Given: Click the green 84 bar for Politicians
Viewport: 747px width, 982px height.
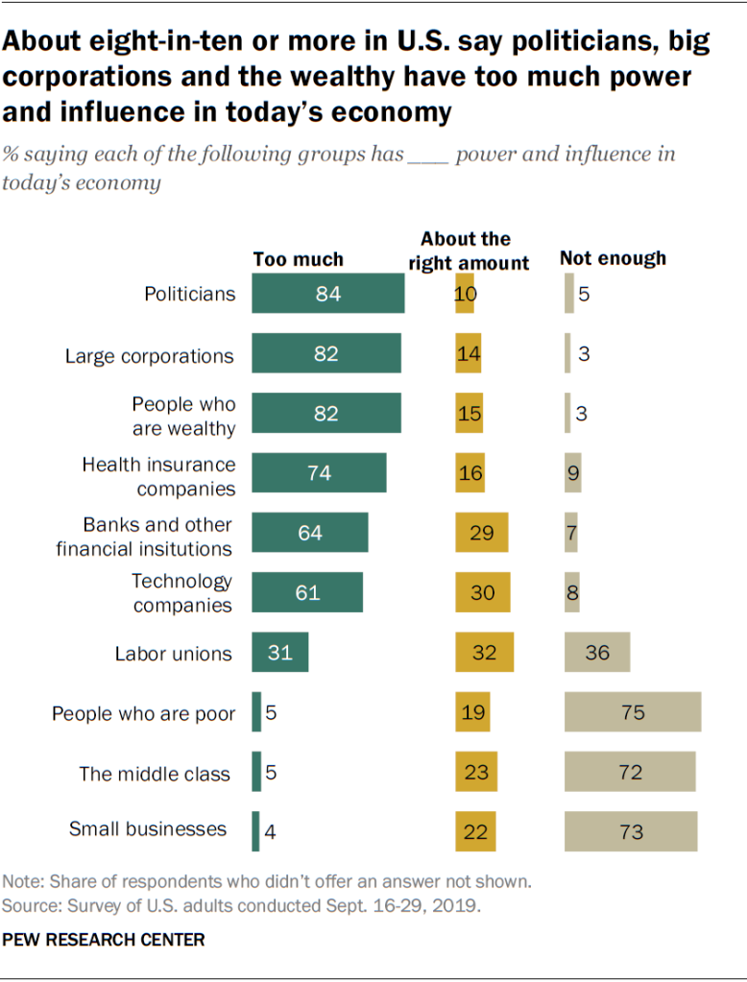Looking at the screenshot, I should click(327, 294).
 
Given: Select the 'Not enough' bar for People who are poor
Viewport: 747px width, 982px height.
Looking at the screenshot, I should click(633, 713).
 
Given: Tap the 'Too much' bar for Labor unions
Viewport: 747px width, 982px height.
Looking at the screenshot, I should click(279, 653).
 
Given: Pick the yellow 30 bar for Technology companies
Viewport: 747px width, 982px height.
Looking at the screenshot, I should click(483, 592).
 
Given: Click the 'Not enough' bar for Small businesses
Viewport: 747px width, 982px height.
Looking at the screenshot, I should click(631, 831).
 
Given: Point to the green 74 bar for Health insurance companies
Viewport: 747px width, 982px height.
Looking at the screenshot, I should click(319, 473).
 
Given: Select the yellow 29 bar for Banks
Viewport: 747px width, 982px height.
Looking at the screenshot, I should click(482, 533).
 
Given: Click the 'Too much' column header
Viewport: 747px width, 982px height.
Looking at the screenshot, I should click(298, 259).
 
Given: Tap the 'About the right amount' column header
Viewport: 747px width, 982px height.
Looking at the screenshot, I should click(475, 251).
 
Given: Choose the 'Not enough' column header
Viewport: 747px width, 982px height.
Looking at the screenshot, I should click(613, 258).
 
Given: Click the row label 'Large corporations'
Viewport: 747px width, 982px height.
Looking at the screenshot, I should click(149, 356).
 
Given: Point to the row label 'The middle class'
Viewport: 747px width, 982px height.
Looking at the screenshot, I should click(155, 774).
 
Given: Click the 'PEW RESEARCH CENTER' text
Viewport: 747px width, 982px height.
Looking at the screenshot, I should click(104, 940).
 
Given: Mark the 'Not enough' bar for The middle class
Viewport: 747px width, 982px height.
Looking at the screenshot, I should click(630, 772).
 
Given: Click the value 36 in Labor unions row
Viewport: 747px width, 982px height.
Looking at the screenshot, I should click(597, 653).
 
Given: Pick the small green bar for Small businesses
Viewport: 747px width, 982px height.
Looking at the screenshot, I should click(255, 831).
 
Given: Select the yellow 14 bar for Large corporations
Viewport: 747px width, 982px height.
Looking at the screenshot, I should click(469, 353).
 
